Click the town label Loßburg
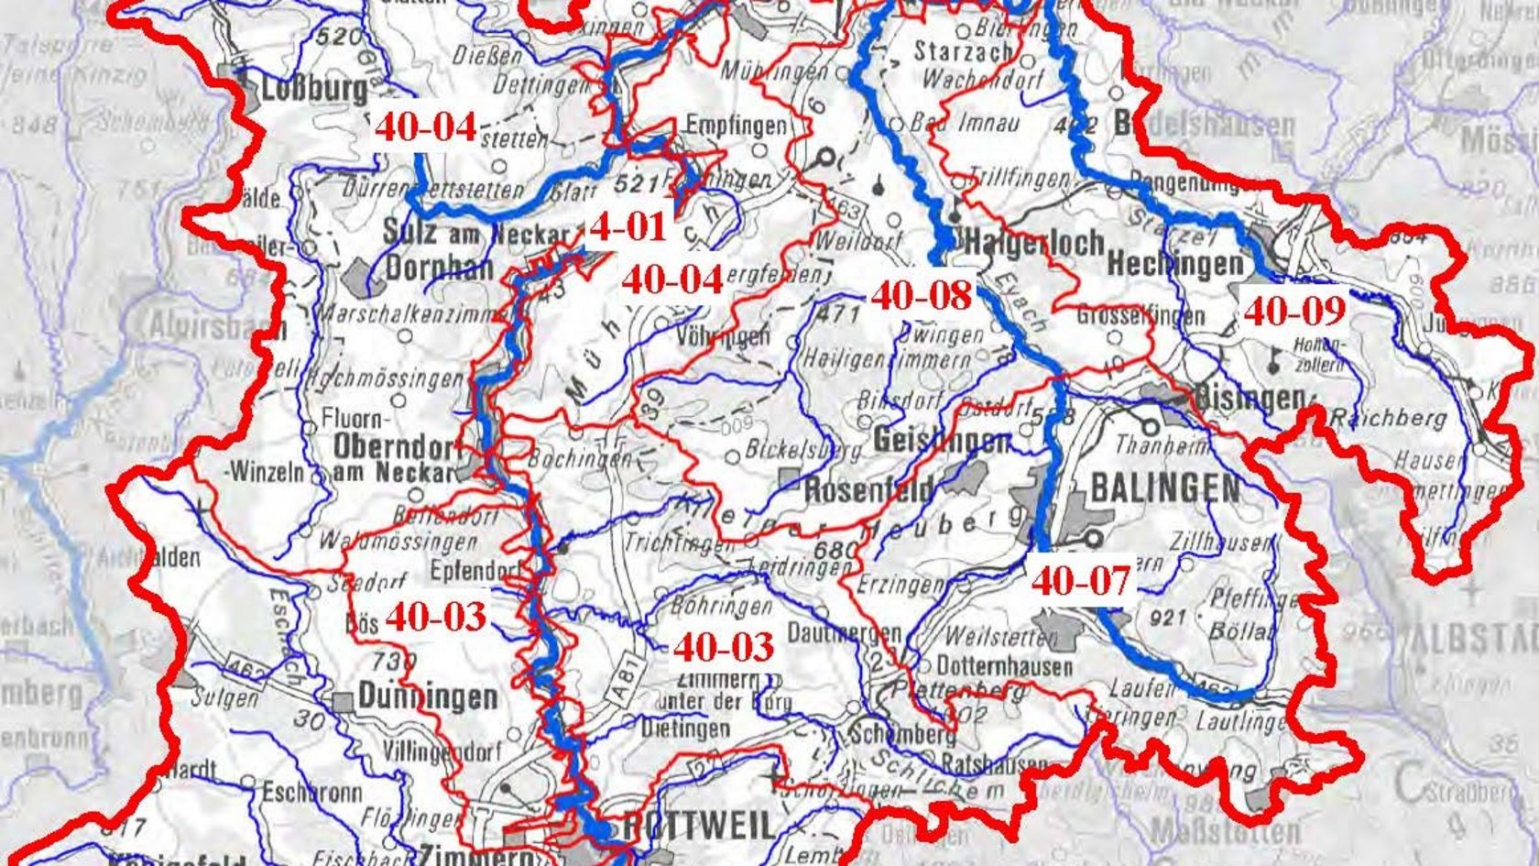tap(314, 89)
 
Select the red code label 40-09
tap(1294, 312)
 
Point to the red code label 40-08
tap(921, 295)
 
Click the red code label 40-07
tap(1081, 580)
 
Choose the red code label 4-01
tap(628, 226)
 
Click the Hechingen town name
tap(1175, 265)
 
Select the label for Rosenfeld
tap(868, 489)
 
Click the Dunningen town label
tap(428, 696)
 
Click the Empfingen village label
tap(736, 126)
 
